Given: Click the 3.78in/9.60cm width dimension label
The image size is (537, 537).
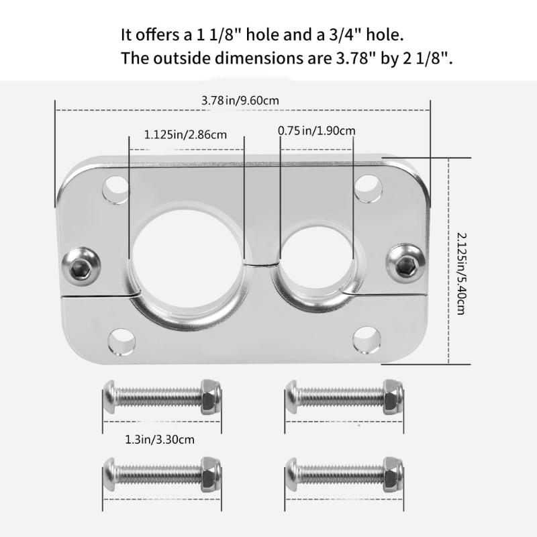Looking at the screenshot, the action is point(240,101).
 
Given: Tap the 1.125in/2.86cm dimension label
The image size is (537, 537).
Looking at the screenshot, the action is point(185,135).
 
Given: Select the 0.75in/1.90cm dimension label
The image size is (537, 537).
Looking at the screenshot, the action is point(316,131).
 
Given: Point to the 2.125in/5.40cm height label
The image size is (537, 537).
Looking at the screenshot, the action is point(462,274).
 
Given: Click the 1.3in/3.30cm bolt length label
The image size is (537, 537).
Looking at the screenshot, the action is point(160,440).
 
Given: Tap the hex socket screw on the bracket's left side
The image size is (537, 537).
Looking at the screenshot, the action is point(81,266).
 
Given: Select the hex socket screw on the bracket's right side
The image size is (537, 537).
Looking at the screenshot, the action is point(406,263).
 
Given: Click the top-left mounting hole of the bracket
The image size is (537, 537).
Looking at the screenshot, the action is point(115,190).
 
